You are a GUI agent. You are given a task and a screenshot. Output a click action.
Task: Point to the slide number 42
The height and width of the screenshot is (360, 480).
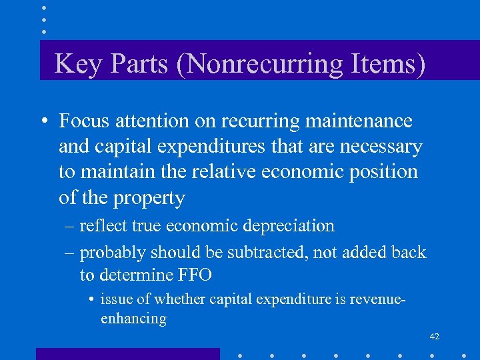(434, 337)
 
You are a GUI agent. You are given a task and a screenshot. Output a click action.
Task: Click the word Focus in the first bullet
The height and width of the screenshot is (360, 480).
(84, 121)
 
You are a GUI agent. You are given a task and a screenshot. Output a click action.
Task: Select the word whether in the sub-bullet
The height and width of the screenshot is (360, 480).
(182, 299)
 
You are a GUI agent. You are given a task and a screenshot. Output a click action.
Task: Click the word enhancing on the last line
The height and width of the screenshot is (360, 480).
(133, 318)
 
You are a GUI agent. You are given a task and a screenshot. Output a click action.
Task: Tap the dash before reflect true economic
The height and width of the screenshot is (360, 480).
(69, 226)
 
